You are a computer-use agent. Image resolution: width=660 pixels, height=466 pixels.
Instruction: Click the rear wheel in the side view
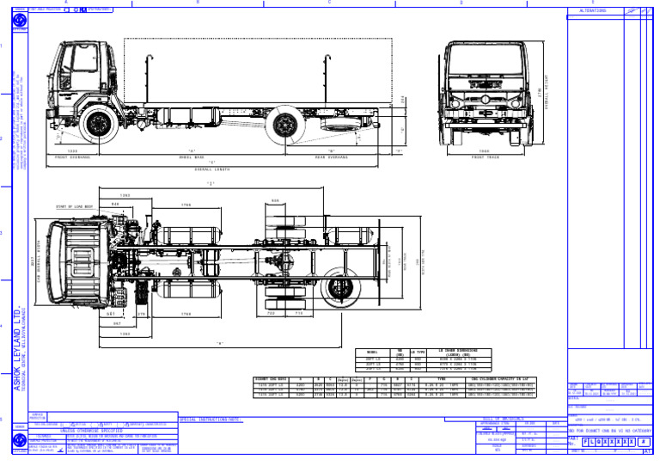(x=284, y=126)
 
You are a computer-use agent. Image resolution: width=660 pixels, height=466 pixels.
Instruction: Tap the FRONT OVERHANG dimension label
(x=73, y=157)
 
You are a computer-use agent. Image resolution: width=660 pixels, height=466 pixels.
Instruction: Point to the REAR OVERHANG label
(x=332, y=157)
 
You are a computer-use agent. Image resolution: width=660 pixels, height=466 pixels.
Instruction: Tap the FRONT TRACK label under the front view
(x=485, y=157)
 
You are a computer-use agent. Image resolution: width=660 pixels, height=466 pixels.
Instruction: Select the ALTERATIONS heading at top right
(x=593, y=11)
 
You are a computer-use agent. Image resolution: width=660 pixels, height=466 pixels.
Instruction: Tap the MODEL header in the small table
(x=371, y=352)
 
